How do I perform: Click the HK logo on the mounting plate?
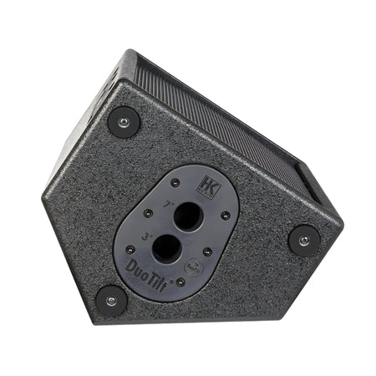tap(208, 188)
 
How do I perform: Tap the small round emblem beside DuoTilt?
tap(169, 270)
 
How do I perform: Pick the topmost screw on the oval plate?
tap(175, 183)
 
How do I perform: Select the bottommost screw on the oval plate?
tap(180, 282)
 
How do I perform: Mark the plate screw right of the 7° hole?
tap(226, 216)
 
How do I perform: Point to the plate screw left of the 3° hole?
tap(130, 249)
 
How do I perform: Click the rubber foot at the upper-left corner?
tap(124, 122)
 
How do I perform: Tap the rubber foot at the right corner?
tap(304, 241)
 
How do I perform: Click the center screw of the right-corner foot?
tap(304, 241)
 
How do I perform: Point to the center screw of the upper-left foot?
tap(124, 122)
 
